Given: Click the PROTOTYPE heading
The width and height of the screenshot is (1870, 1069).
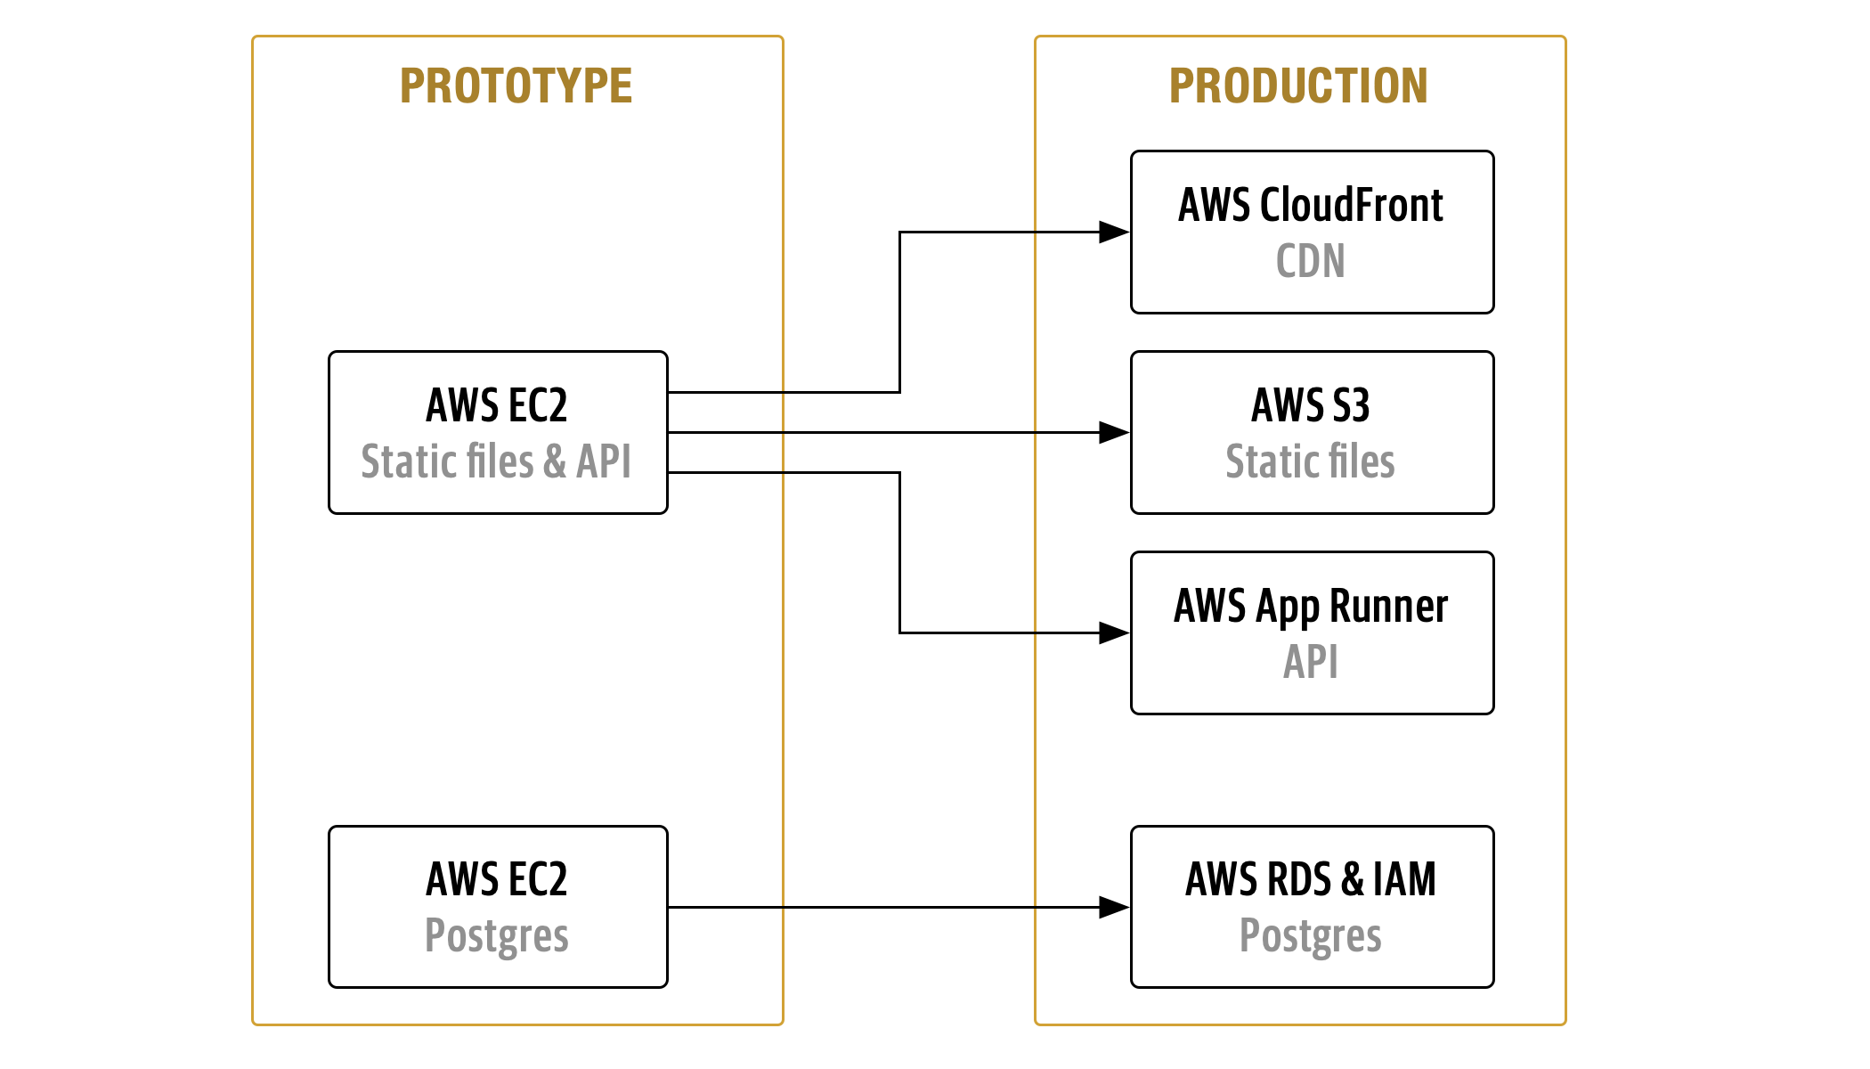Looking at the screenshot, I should (x=516, y=86).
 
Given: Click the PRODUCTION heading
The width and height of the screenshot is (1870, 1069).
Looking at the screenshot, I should (x=1298, y=86).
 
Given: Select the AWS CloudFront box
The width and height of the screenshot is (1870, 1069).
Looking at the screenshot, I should (x=1312, y=232).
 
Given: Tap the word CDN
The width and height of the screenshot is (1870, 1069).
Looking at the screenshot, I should (x=1310, y=262).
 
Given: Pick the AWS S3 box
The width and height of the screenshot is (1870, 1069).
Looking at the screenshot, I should (x=1312, y=432).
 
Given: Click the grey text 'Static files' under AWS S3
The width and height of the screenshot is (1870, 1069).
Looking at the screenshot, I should (x=1310, y=462).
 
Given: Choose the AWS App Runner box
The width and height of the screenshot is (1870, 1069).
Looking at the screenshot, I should (x=1312, y=632).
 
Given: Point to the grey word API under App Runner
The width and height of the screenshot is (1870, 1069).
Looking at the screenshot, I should (x=1310, y=663).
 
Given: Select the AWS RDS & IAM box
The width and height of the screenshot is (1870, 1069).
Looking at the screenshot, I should (x=1312, y=906).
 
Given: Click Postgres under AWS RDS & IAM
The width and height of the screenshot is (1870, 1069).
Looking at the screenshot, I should (x=1310, y=936).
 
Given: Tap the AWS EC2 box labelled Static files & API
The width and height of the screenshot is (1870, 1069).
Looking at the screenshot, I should (x=498, y=432).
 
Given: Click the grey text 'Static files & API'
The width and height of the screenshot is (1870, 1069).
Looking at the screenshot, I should (x=496, y=462).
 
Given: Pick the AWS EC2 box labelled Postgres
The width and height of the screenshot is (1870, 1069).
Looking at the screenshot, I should (x=498, y=906).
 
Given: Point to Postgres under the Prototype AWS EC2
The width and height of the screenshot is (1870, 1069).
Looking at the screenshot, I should (x=496, y=936).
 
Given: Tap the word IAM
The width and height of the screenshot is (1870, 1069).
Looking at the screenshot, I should (x=1404, y=879).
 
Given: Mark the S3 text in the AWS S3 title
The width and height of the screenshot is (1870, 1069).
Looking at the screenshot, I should (x=1351, y=405).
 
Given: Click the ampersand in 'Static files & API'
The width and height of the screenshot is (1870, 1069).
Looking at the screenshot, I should (x=555, y=462).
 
